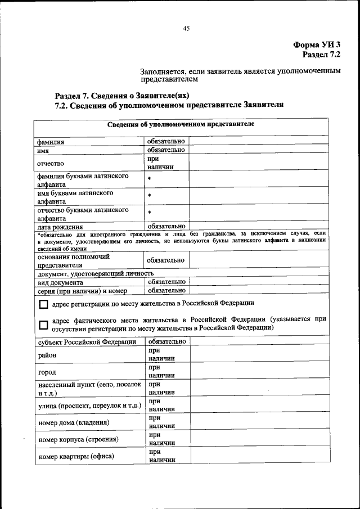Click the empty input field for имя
point(259,150)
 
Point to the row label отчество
point(51,163)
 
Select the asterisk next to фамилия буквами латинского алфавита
point(150,179)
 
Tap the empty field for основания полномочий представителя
point(259,260)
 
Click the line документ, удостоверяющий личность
point(96,273)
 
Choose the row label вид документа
point(60,282)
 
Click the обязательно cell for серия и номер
point(166,291)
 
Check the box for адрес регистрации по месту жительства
point(43,304)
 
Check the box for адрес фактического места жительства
point(43,325)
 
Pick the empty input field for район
point(259,355)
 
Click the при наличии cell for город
point(162,372)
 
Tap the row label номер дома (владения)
point(73,422)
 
